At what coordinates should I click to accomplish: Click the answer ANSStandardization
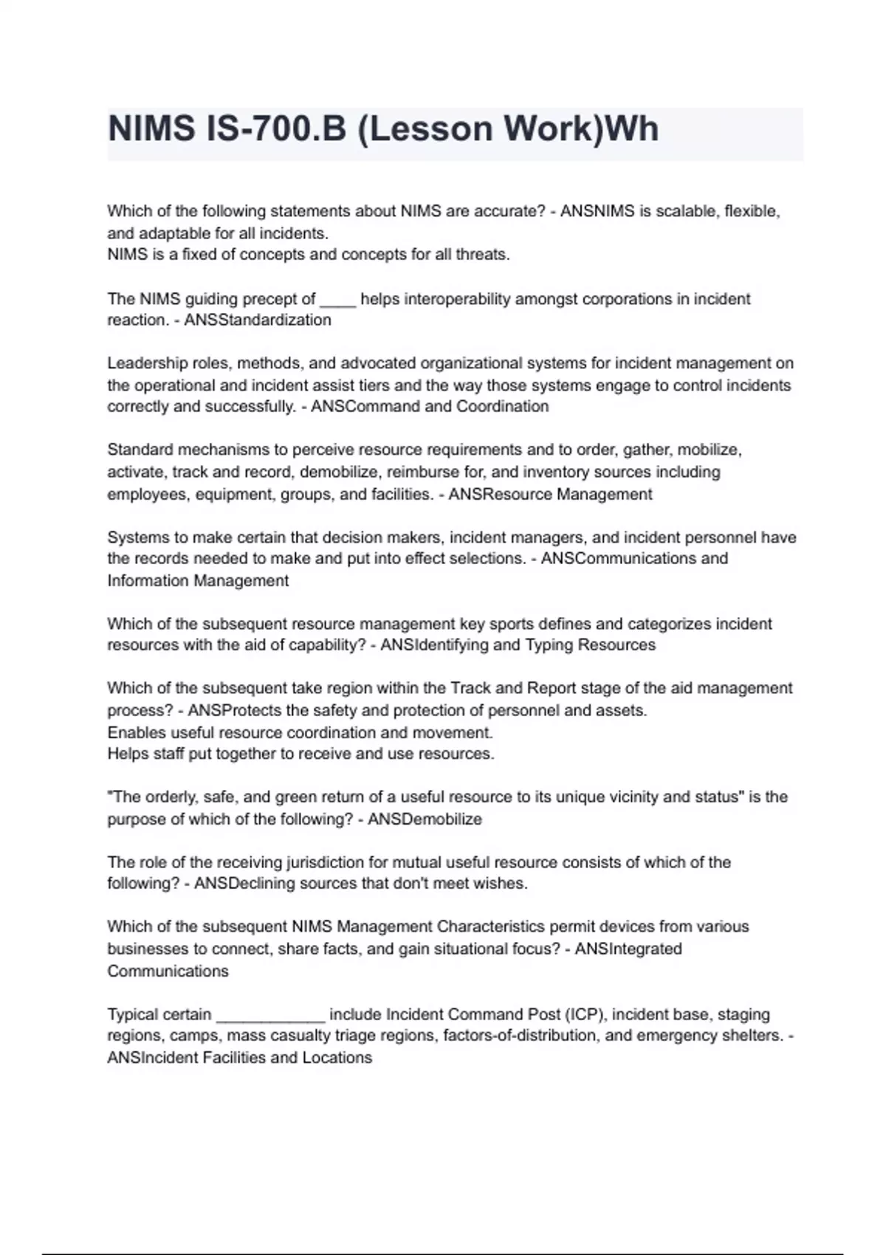tap(258, 320)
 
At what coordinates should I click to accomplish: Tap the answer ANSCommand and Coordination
tap(430, 407)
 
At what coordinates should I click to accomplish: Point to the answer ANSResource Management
tap(550, 494)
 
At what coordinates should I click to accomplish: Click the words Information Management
tap(198, 581)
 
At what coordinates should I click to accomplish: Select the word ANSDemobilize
tap(425, 819)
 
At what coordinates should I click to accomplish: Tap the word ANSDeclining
tap(244, 884)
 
